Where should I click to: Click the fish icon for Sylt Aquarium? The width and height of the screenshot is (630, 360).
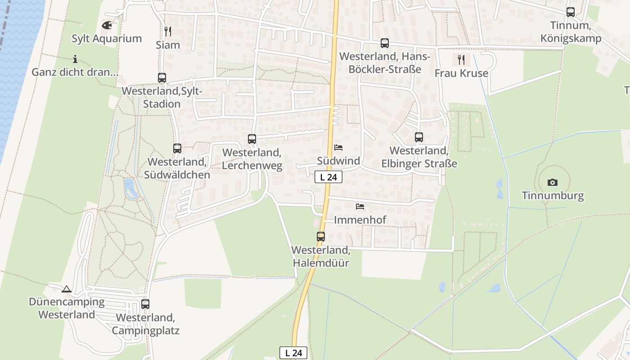[x=107, y=25]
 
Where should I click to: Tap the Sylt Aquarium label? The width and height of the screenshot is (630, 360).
[x=107, y=39]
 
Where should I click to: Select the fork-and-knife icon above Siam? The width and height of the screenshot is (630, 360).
[x=168, y=31]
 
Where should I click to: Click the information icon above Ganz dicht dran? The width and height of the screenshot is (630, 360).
[x=75, y=59]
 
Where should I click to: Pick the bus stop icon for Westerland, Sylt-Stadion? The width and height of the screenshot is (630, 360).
[x=162, y=77]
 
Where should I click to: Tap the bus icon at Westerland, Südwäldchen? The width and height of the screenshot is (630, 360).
[x=177, y=148]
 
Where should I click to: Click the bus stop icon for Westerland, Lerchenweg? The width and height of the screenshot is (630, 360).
[x=252, y=139]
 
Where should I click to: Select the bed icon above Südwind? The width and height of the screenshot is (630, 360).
[x=338, y=148]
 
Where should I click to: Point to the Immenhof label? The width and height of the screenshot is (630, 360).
[x=360, y=220]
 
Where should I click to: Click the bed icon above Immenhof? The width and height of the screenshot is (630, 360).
[x=360, y=207]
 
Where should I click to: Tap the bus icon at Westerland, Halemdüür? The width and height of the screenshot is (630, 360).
[x=321, y=236]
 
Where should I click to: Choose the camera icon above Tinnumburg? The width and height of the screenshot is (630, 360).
[x=553, y=182]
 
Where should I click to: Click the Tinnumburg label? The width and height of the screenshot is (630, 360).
[x=553, y=196]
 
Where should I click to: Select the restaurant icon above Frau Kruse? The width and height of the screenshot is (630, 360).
[x=461, y=59]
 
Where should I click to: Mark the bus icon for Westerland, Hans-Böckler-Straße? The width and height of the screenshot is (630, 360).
[x=385, y=43]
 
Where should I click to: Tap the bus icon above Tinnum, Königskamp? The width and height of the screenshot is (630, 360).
[x=571, y=12]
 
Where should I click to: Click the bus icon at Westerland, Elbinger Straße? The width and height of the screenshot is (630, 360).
[x=419, y=137]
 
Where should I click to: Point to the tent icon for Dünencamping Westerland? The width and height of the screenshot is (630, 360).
[x=67, y=289]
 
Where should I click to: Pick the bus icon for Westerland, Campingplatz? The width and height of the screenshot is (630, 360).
[x=145, y=304]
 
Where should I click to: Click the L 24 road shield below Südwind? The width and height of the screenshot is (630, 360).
[x=328, y=177]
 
